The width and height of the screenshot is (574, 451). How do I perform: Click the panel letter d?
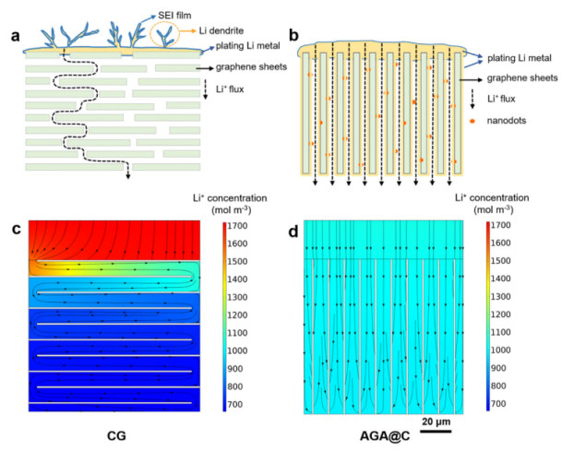click(x=294, y=231)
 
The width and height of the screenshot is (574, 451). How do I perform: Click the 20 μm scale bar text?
click(x=437, y=421)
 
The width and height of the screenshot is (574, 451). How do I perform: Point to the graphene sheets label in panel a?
click(x=247, y=68)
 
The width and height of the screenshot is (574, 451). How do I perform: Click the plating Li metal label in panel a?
click(x=239, y=49)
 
